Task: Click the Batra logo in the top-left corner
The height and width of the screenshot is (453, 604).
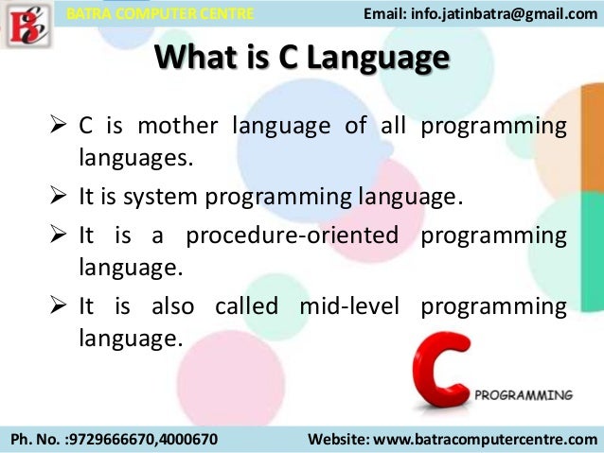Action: (x=26, y=26)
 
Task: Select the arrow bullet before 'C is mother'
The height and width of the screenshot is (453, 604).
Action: (x=58, y=127)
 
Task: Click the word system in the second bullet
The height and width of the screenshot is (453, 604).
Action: (x=173, y=197)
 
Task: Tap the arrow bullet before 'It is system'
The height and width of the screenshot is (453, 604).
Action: (x=58, y=197)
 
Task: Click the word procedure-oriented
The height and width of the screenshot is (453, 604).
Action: (x=294, y=235)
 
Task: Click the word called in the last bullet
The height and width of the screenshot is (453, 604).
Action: (x=246, y=306)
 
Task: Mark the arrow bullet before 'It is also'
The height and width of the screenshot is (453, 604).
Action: (x=58, y=306)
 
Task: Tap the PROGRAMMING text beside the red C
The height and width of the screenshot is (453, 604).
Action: (x=523, y=394)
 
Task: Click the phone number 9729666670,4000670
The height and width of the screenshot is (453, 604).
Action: (x=151, y=440)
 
